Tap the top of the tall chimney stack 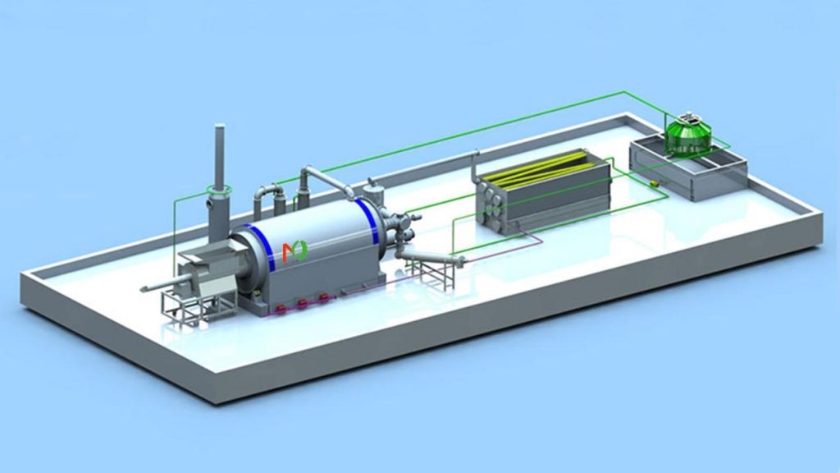coord(220,129)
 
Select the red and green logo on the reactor coord(294,252)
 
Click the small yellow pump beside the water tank coord(653,183)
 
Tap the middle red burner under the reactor coord(303,303)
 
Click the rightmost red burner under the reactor coord(324,297)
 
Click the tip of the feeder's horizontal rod coord(144,288)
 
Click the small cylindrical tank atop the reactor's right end coord(375,194)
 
